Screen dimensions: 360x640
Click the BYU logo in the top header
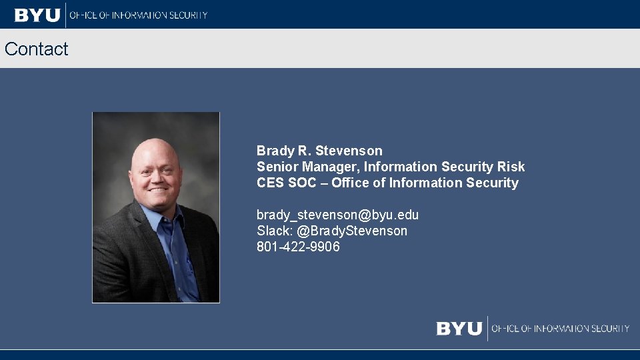[x=37, y=15]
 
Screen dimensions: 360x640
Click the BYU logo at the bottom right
[x=459, y=329]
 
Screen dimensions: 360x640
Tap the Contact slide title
[x=36, y=49]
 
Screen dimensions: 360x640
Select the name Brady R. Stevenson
[x=319, y=151]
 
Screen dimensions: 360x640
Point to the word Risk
[x=511, y=167]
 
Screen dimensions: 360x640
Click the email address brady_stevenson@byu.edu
[x=337, y=215]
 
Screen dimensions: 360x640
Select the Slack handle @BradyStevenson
[x=352, y=231]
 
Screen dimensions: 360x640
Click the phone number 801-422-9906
[x=298, y=247]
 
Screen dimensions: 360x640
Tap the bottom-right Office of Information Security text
[x=561, y=329]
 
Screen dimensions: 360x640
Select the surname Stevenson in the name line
[x=349, y=151]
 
